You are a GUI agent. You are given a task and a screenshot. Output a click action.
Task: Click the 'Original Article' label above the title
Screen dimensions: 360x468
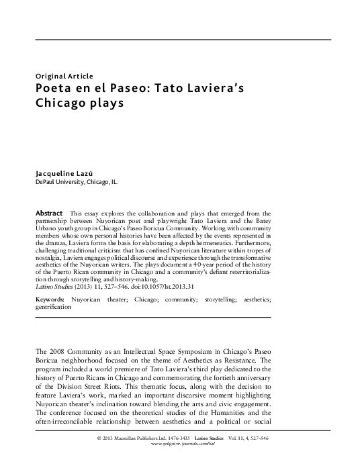64,76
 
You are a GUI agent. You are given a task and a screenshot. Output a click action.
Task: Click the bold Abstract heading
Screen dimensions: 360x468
50,212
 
